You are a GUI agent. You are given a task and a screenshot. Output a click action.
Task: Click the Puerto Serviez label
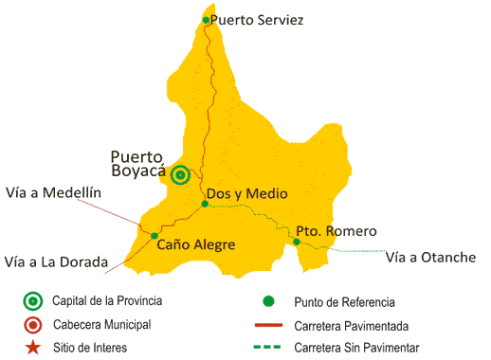(x=257, y=19)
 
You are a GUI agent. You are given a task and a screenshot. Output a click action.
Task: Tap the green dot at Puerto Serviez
(x=207, y=19)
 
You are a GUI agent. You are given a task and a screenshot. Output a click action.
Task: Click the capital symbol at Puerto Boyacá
(x=181, y=173)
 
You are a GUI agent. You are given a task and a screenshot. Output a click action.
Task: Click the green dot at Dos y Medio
(x=205, y=204)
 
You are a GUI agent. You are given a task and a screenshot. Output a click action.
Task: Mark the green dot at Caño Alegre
(x=155, y=236)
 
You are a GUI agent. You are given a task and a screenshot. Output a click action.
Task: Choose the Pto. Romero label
(x=336, y=231)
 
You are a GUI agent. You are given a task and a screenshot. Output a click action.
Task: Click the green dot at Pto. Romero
(x=297, y=242)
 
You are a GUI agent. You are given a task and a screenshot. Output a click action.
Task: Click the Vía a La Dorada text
(x=56, y=261)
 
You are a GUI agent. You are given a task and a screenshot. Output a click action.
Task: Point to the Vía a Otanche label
(x=431, y=256)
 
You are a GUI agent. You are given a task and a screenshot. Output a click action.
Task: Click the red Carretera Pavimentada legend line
(x=268, y=326)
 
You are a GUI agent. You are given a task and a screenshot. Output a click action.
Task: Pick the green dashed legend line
(x=268, y=348)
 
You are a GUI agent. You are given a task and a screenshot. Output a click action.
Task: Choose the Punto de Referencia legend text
(x=344, y=302)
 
